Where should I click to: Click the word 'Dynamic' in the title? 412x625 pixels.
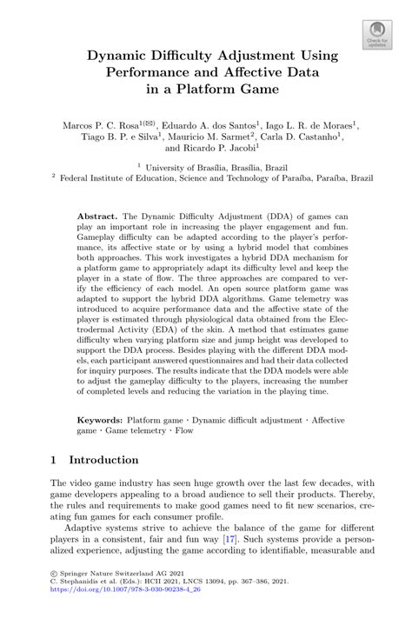[x=117, y=56]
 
